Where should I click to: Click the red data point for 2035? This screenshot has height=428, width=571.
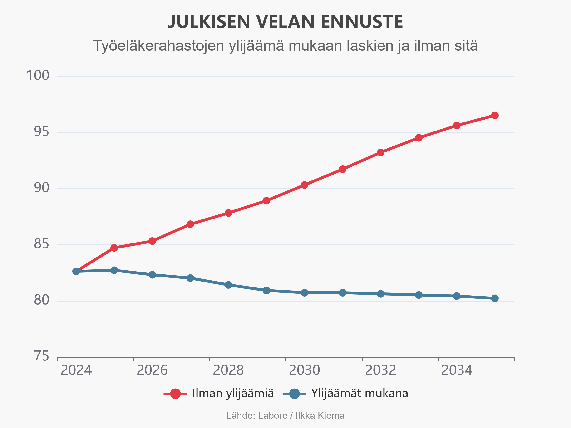point(495,115)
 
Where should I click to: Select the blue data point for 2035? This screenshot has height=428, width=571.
point(495,298)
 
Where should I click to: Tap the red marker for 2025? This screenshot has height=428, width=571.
point(114,248)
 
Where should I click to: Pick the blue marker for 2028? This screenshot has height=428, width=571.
point(228,285)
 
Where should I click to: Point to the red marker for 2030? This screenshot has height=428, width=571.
point(304,185)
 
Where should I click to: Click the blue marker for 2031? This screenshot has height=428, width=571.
point(342,293)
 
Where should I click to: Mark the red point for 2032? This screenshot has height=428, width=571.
point(380,152)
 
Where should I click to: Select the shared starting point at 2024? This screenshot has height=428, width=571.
point(76,271)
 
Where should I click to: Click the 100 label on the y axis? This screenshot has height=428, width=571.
point(38,76)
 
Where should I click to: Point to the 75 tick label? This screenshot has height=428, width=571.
point(41,356)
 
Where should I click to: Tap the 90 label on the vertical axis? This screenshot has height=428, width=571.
point(41,188)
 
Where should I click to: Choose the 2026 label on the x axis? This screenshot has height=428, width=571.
point(152,370)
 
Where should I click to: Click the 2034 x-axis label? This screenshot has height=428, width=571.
point(457,370)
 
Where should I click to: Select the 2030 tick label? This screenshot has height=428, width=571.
point(304,370)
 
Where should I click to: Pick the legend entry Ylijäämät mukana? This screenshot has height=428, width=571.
point(359,394)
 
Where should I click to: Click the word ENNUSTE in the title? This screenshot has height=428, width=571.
point(361,22)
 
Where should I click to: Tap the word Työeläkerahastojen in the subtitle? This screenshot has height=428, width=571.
point(158,46)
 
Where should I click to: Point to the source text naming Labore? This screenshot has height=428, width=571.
point(272,416)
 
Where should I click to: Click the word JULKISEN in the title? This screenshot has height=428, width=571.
point(209,22)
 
